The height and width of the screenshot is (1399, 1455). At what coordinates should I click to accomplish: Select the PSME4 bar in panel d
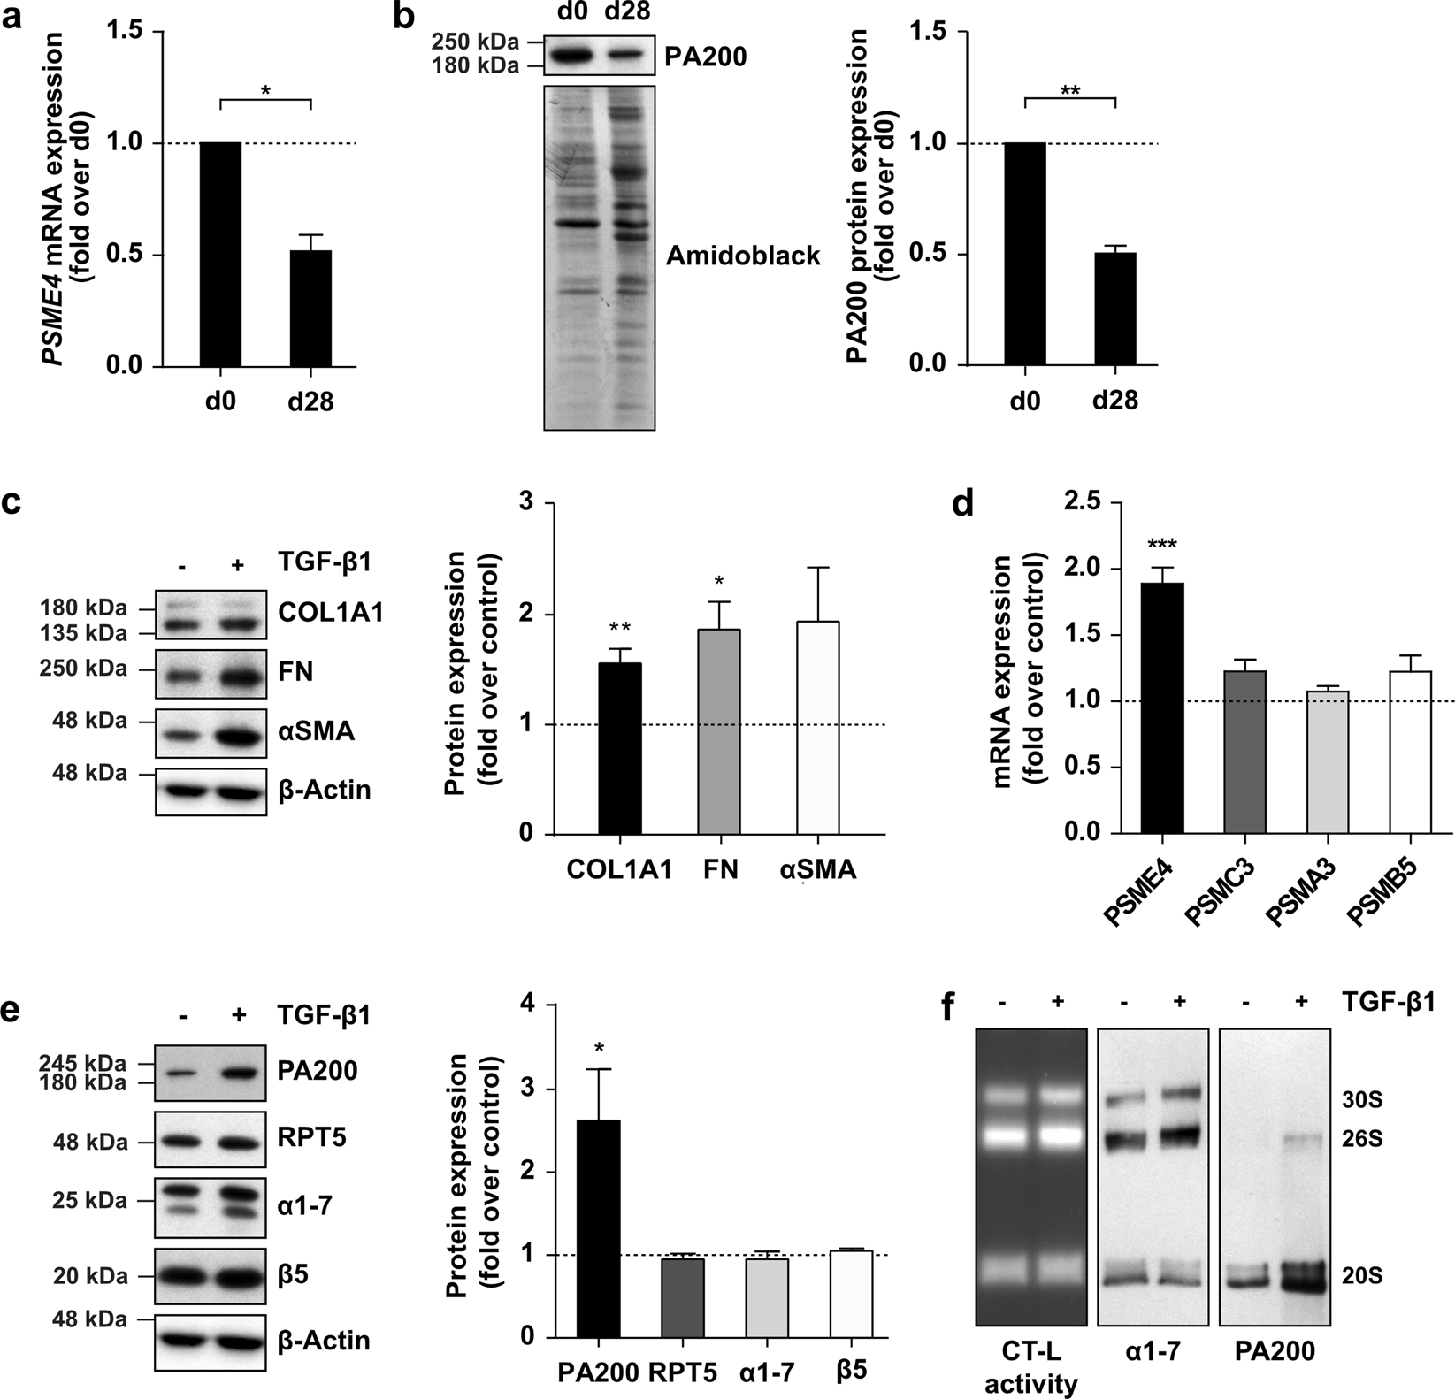tap(1162, 707)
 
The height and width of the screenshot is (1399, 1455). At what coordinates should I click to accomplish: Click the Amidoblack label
tap(743, 256)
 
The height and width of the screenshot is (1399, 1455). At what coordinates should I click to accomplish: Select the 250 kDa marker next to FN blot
tap(89, 669)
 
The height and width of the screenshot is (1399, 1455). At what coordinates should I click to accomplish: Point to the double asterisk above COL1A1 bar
tap(621, 629)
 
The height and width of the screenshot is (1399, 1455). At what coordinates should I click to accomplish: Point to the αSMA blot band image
tap(211, 733)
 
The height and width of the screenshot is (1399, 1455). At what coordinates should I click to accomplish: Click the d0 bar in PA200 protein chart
tap(1025, 255)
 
